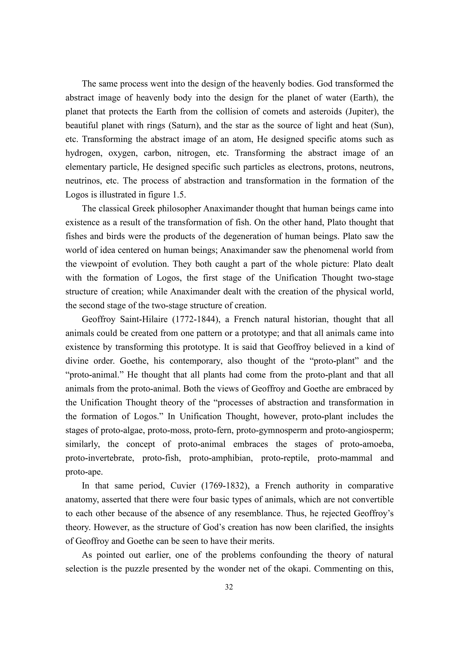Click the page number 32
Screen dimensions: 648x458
pyautogui.click(x=229, y=587)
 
